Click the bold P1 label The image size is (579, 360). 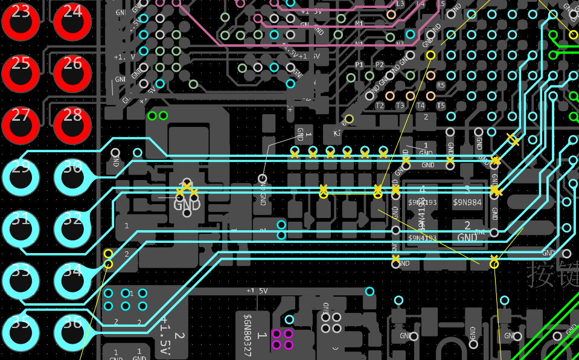coord(360,64)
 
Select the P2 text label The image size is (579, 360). coord(380,64)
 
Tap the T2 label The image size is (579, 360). coord(380,106)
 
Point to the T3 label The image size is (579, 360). coord(400,106)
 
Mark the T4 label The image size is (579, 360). coord(421,106)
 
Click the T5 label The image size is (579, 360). coord(441,106)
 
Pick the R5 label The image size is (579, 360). coord(441,85)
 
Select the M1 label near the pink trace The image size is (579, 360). coord(359,24)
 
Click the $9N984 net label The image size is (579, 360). coord(467,202)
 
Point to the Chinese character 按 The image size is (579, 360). coord(540,274)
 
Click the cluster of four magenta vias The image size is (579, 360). coord(283,339)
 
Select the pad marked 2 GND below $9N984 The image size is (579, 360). coord(467,231)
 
